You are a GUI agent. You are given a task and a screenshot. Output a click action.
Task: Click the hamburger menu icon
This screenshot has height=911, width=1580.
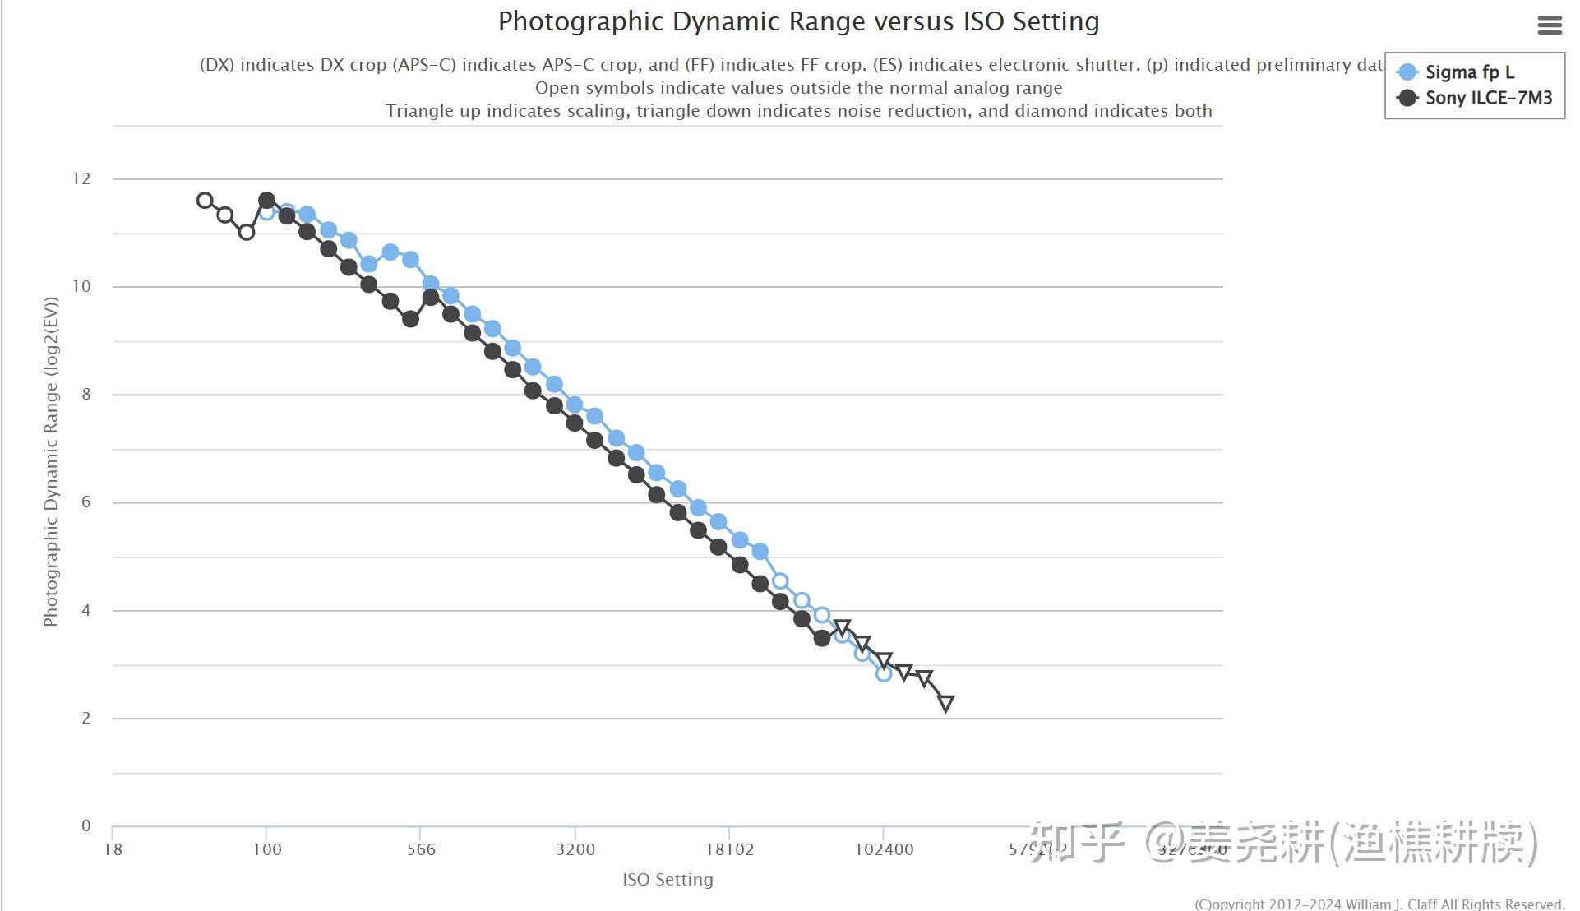tap(1549, 25)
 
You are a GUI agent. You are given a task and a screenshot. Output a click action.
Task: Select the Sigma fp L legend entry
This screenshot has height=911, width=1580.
tap(1468, 72)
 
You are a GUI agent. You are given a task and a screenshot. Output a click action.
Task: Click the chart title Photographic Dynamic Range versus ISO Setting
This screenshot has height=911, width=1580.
tap(798, 21)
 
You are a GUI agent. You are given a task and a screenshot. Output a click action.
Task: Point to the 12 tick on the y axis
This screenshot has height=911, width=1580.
tap(81, 178)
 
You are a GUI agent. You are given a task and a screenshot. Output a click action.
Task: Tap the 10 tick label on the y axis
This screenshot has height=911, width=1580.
tap(81, 286)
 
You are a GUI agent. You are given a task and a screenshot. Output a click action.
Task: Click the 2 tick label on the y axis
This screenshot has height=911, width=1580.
tap(85, 718)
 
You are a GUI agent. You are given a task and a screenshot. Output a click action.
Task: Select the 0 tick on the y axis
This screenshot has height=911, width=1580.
tap(85, 825)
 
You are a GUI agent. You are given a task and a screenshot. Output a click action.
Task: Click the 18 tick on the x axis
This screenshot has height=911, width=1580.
tap(113, 849)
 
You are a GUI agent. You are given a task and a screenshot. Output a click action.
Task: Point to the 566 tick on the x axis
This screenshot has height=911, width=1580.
tap(421, 849)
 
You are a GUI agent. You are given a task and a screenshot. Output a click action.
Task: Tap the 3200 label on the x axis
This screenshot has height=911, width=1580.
tap(575, 849)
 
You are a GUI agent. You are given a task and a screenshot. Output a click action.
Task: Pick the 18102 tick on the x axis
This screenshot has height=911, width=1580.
tap(729, 849)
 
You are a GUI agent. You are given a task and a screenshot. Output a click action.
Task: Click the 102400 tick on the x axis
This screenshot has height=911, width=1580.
tap(884, 849)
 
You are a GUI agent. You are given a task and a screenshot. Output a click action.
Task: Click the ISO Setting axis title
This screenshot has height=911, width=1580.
tap(668, 880)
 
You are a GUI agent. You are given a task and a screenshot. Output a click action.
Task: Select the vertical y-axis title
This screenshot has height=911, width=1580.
tap(51, 462)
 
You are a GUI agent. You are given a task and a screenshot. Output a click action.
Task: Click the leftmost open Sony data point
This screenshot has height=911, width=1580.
tap(205, 201)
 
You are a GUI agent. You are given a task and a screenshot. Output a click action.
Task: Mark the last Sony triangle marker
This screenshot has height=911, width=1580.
tap(945, 703)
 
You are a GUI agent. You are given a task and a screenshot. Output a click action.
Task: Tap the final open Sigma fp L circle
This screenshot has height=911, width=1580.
tap(884, 673)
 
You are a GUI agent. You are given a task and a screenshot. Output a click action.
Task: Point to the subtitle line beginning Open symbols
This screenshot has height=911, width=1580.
tap(798, 88)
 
